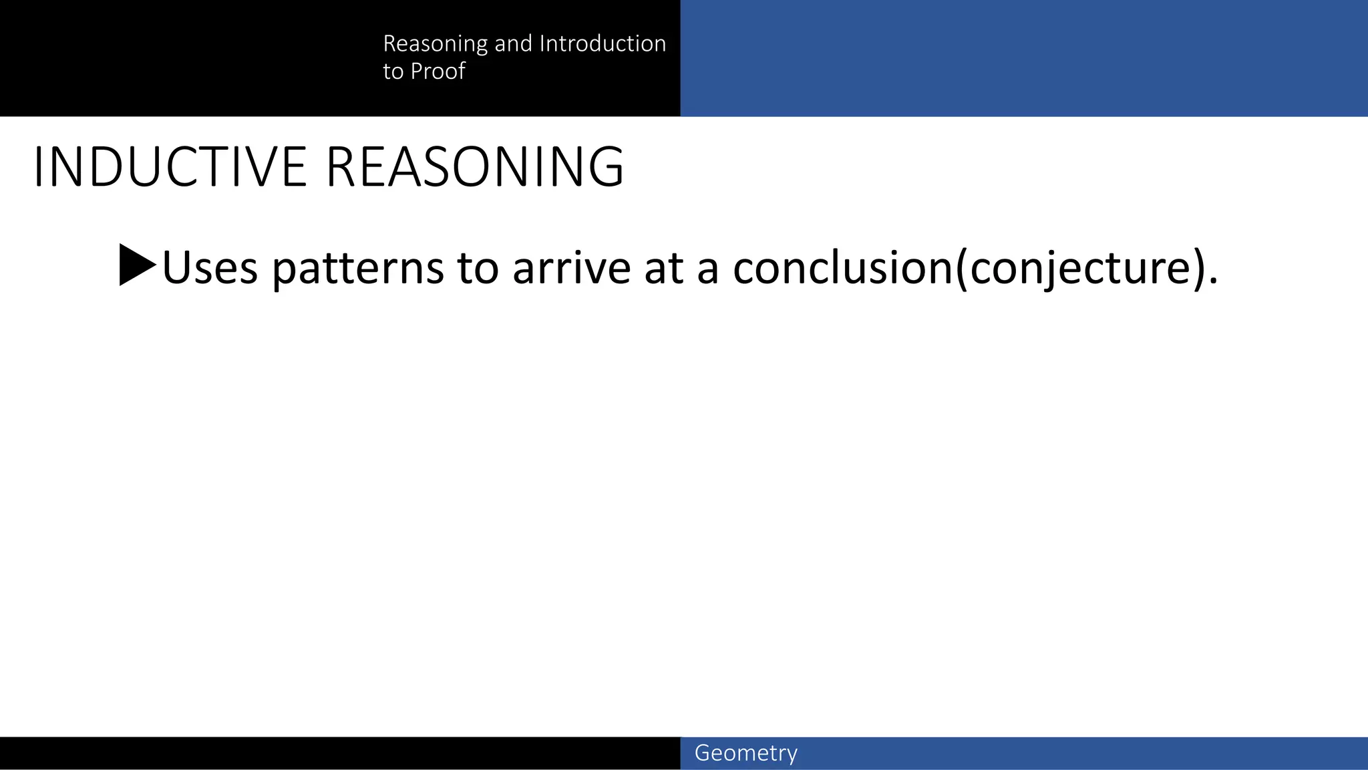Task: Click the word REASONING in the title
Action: (474, 167)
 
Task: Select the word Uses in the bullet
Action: (210, 267)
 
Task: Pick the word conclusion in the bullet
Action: (843, 267)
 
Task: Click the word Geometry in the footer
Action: (745, 753)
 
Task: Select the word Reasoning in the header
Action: (435, 44)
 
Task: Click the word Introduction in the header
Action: (603, 43)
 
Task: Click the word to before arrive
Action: (478, 267)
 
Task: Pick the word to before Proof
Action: (393, 71)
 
